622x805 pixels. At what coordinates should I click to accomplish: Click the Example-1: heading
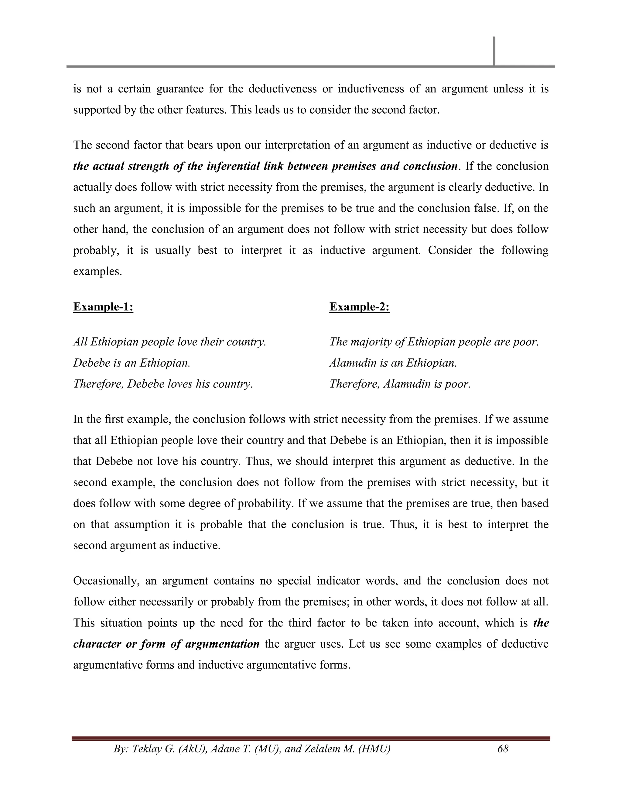coord(103,307)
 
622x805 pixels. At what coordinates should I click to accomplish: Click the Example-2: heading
coord(359,307)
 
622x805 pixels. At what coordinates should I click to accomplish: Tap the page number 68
coord(503,748)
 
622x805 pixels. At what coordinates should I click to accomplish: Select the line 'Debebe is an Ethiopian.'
coord(132,363)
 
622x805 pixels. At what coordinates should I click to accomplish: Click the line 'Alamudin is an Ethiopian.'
coord(393,363)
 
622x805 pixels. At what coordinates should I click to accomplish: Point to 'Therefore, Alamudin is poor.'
coord(400,384)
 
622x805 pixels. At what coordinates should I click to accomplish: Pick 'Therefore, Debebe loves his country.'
coord(163,384)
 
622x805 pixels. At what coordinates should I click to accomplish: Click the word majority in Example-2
coord(370,342)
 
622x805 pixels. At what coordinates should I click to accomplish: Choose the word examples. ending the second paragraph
coord(97,272)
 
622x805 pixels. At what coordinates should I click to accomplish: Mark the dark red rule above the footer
coord(311,738)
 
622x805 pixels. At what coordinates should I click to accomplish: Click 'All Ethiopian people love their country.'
coord(169,342)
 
